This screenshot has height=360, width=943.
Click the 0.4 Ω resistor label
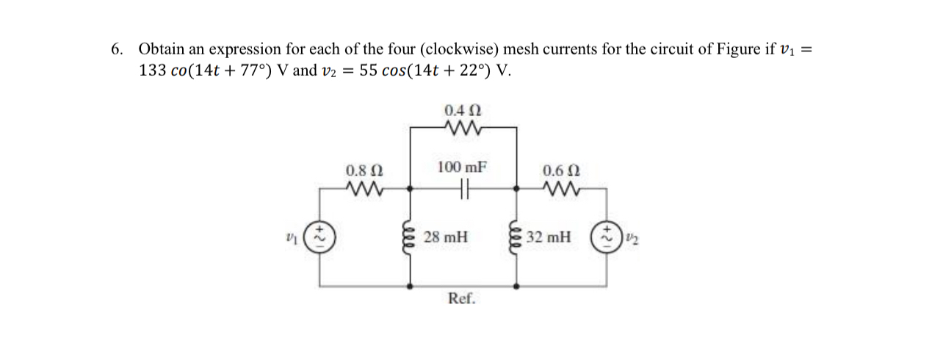(x=463, y=111)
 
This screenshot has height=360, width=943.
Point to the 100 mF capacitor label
(x=462, y=167)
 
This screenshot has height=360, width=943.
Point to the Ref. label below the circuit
(x=462, y=299)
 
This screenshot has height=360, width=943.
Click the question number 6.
(x=117, y=50)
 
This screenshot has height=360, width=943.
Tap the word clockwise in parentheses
(x=460, y=50)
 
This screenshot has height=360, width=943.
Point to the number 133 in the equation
(x=152, y=71)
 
